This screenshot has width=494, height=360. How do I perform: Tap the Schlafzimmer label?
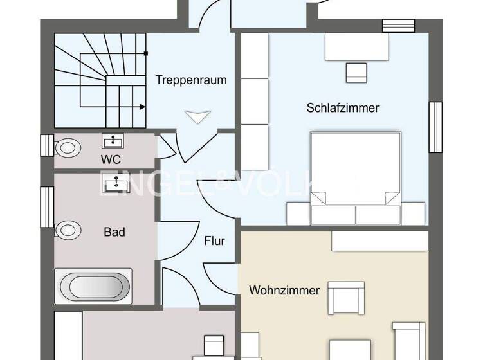coord(343,108)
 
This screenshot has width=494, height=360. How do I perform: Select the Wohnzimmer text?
coord(284,291)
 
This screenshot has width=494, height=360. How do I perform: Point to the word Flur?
coord(214,241)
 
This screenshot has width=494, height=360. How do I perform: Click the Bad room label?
coord(114,231)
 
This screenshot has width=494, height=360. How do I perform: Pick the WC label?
coord(110,159)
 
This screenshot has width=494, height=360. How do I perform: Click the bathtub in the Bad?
coord(94,286)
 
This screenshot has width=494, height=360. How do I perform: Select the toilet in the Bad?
coord(68,230)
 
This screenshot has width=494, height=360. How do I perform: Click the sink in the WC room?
coord(114,140)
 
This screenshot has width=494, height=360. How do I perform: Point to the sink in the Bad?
coord(116,185)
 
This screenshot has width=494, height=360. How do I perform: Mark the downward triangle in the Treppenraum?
coord(197,116)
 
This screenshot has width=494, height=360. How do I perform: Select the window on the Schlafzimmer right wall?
coord(435,127)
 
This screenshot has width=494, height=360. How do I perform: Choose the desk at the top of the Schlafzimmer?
coord(357,46)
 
